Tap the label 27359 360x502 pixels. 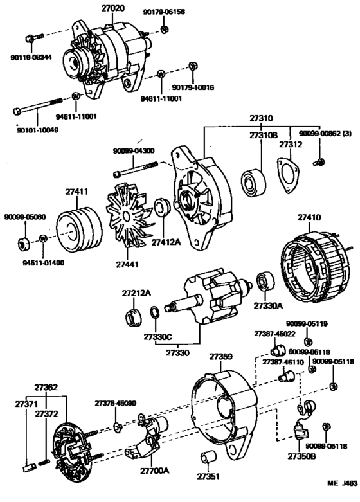tap(221, 356)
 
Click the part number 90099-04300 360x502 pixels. tap(134, 150)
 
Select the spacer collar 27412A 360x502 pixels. tap(162, 210)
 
